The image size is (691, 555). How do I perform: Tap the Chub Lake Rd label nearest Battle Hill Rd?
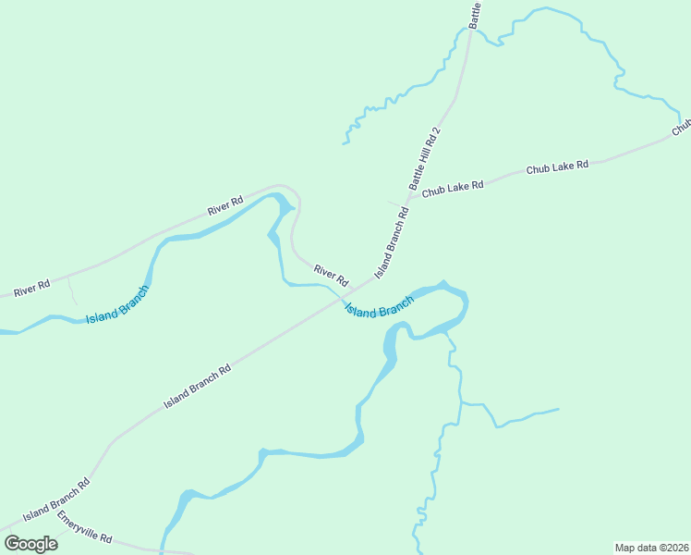tap(453, 189)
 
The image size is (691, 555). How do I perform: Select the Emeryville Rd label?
tap(84, 527)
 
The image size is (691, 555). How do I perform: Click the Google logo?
tap(30, 543)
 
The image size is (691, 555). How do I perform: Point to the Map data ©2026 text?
tap(651, 547)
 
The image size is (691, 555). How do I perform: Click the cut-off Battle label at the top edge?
tap(476, 14)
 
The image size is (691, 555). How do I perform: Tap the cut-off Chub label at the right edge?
tap(682, 126)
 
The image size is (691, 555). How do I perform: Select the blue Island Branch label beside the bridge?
tap(379, 307)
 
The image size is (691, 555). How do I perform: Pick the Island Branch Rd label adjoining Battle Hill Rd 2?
tap(392, 243)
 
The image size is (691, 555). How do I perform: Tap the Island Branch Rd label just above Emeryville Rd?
tap(56, 499)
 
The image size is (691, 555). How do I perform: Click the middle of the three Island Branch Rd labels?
tap(196, 385)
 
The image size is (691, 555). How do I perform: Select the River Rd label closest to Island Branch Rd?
tap(330, 275)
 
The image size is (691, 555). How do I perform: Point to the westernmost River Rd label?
tap(31, 290)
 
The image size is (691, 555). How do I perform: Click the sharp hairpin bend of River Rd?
tap(294, 192)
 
